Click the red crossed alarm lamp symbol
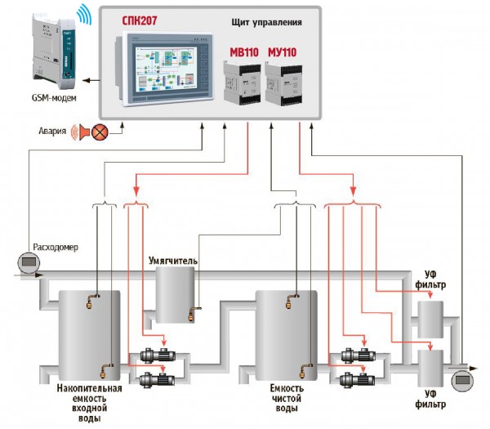[x=100, y=131]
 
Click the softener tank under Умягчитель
[x=177, y=293]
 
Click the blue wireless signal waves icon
[x=82, y=15]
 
